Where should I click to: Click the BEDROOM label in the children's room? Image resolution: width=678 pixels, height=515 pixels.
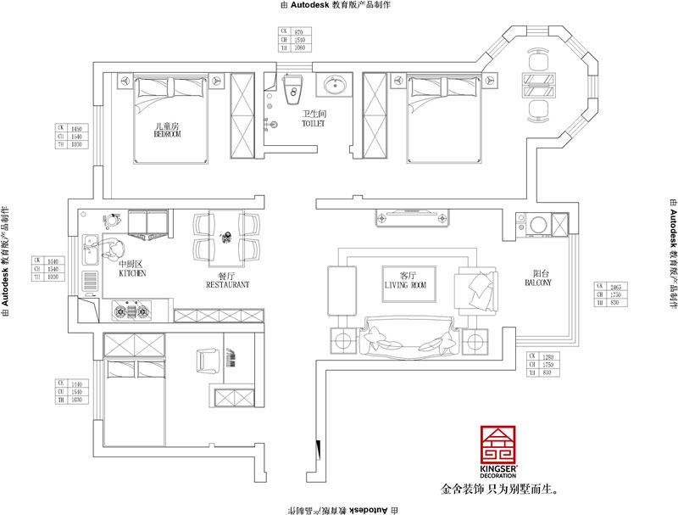coord(167,134)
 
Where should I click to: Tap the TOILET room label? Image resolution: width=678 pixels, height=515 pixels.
coord(314,124)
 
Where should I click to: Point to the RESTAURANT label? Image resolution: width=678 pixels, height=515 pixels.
coord(227,286)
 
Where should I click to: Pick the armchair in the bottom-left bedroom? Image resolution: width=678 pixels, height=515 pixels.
coord(208,361)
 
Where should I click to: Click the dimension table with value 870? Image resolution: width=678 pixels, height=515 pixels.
coord(295,39)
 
